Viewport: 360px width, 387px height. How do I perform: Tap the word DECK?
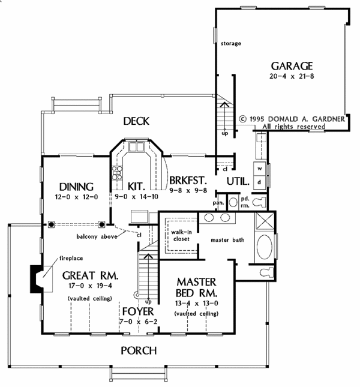point(136,121)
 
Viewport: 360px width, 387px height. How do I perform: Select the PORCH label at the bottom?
point(139,350)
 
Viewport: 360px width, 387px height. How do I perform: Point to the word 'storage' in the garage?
point(230,44)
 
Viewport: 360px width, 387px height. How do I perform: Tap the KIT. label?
point(135,185)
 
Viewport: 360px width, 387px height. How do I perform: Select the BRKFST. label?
point(188,180)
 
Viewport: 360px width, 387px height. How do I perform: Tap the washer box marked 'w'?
point(260,169)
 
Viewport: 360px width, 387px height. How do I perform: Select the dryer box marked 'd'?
point(260,181)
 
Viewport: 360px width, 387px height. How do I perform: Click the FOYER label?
point(137,312)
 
